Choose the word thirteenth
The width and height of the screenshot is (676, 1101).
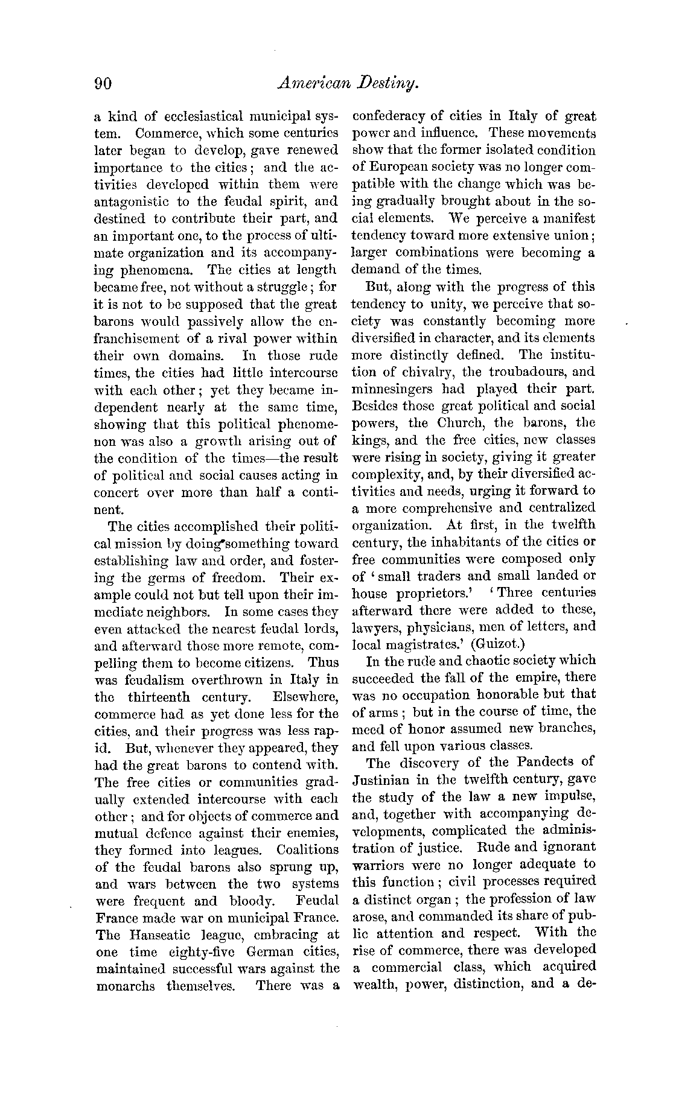pos(159,697)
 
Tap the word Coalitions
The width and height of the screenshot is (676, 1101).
pos(307,849)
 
